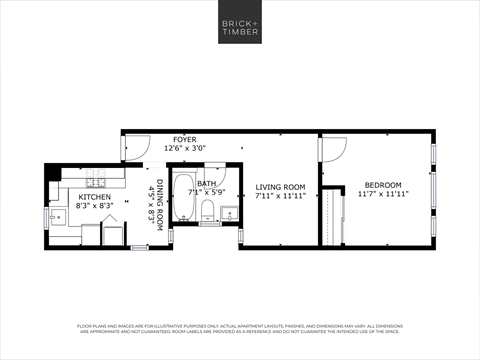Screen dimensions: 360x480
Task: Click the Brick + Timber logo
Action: (240, 26)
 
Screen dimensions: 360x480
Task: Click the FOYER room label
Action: (184, 140)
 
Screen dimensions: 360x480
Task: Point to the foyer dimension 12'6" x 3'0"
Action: (184, 149)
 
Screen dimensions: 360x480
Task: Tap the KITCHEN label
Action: (95, 197)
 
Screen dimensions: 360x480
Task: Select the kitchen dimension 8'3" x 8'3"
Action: (95, 206)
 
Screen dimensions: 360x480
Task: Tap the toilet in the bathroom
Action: (208, 211)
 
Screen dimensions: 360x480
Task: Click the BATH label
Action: (206, 184)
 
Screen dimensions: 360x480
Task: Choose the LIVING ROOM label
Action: (279, 187)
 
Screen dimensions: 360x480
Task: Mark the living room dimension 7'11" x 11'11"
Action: (279, 196)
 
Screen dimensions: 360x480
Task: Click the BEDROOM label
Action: (382, 185)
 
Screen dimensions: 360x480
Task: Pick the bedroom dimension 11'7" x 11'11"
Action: (382, 194)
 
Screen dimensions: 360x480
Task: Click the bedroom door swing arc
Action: (333, 150)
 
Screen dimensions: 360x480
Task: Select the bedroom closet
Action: (330, 216)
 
